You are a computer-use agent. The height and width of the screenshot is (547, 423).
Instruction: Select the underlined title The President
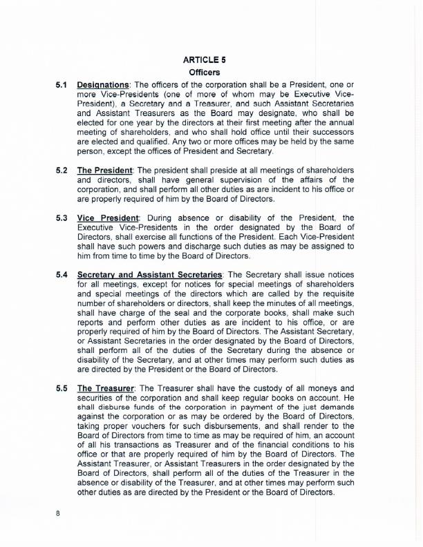point(105,170)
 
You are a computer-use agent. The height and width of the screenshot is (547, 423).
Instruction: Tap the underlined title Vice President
point(107,218)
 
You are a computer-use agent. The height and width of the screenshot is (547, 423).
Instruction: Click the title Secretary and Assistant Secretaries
point(149,275)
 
